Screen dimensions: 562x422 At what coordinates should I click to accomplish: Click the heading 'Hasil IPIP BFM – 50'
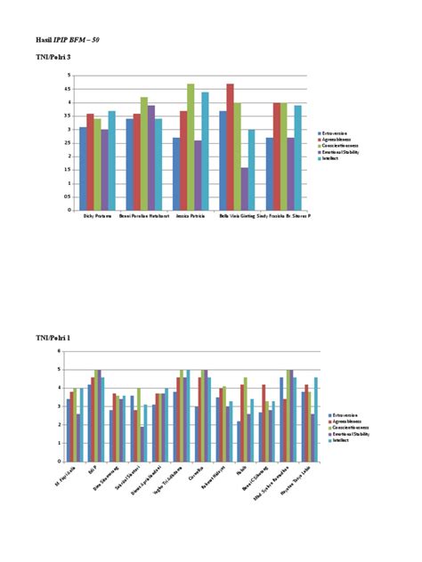tap(68, 41)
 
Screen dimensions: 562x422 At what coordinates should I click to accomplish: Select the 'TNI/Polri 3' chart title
tap(53, 57)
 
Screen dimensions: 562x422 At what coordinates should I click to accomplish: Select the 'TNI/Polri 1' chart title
tap(53, 339)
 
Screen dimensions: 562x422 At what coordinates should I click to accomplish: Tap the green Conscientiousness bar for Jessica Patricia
tap(191, 148)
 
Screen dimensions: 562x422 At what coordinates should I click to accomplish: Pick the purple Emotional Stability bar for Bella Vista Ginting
tap(244, 189)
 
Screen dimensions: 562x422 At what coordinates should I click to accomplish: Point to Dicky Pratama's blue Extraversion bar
tap(83, 169)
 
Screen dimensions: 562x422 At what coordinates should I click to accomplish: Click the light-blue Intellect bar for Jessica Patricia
tap(205, 151)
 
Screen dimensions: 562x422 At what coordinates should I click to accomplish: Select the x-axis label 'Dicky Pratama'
tap(97, 215)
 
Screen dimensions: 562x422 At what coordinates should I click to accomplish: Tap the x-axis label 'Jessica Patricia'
tap(191, 215)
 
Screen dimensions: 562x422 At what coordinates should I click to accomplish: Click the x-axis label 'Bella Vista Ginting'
tap(237, 215)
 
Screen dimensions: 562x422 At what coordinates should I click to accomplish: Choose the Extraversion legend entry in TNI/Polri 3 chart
tap(336, 133)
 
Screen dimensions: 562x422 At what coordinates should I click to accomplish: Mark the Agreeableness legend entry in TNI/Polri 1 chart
tap(345, 421)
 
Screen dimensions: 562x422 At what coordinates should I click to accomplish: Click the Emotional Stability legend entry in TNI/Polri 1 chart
tap(349, 433)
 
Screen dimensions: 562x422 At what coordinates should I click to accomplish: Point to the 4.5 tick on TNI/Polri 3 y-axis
tap(68, 89)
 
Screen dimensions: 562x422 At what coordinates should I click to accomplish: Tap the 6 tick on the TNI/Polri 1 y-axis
tap(58, 352)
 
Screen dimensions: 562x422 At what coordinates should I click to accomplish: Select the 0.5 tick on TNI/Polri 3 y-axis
tap(68, 197)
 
